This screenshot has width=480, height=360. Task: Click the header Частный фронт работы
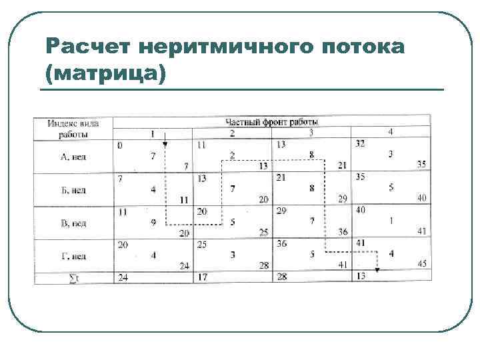(272, 122)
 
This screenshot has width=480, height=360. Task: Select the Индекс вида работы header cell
(74, 128)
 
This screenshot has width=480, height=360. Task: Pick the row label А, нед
(74, 157)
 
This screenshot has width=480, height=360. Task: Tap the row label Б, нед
(74, 191)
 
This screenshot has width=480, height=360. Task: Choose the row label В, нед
(74, 223)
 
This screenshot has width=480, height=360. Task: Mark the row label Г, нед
(74, 256)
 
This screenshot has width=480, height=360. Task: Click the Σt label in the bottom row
(74, 277)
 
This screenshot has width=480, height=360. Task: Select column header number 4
(391, 132)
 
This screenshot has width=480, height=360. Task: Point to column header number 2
(232, 133)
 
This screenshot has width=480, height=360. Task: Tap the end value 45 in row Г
(421, 264)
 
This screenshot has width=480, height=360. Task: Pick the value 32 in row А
(361, 143)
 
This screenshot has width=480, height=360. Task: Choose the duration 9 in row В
(153, 223)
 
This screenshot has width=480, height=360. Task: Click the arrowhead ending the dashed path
(377, 270)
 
